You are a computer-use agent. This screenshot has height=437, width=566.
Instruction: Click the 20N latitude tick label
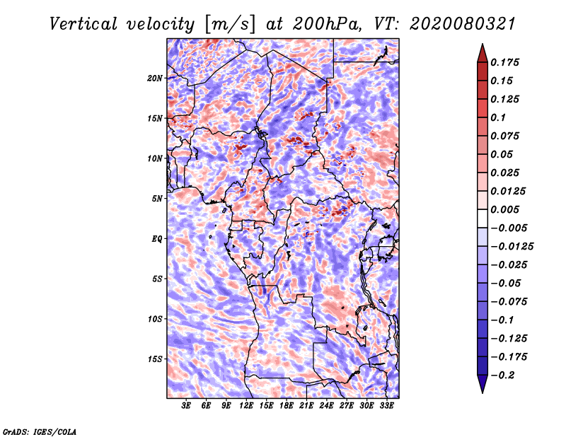click(155, 78)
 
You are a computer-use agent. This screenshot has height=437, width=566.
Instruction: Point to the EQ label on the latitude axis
click(156, 239)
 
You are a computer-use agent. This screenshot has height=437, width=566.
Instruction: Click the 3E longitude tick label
click(186, 406)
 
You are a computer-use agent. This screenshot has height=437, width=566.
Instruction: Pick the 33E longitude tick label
click(386, 406)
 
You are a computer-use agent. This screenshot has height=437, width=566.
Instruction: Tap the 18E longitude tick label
click(287, 406)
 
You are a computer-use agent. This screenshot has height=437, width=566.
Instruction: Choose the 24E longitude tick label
click(326, 406)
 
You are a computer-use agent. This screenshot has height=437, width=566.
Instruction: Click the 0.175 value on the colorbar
click(505, 63)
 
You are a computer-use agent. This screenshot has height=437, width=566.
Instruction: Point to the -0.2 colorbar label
click(502, 375)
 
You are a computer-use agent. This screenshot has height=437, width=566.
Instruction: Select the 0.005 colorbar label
click(505, 210)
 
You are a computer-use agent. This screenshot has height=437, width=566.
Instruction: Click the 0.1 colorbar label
click(498, 118)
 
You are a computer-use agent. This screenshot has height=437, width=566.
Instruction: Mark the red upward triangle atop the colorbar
click(483, 53)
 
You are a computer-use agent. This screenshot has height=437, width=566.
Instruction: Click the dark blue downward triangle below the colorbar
click(483, 384)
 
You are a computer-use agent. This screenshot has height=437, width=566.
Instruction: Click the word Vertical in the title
click(83, 24)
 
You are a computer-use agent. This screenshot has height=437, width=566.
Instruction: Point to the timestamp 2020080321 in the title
click(463, 24)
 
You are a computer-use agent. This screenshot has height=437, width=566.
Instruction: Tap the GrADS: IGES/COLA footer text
click(40, 432)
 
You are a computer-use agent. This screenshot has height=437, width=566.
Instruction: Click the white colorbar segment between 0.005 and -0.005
click(483, 218)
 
